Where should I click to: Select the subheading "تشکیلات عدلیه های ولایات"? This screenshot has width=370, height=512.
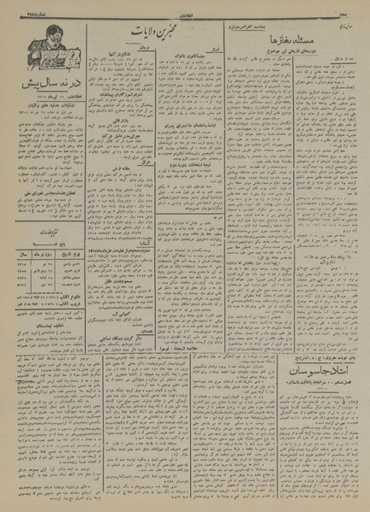tap(45, 103)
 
